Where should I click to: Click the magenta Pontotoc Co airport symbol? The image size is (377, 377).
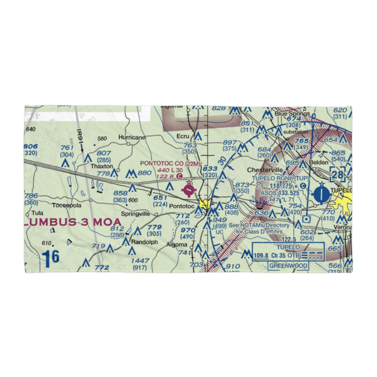[189, 189]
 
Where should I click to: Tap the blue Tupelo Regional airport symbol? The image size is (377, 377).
[321, 195]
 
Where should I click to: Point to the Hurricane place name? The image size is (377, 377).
[132, 138]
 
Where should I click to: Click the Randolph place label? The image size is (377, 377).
[144, 242]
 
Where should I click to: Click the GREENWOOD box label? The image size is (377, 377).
[288, 266]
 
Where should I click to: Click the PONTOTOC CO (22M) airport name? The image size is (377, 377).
[169, 163]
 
